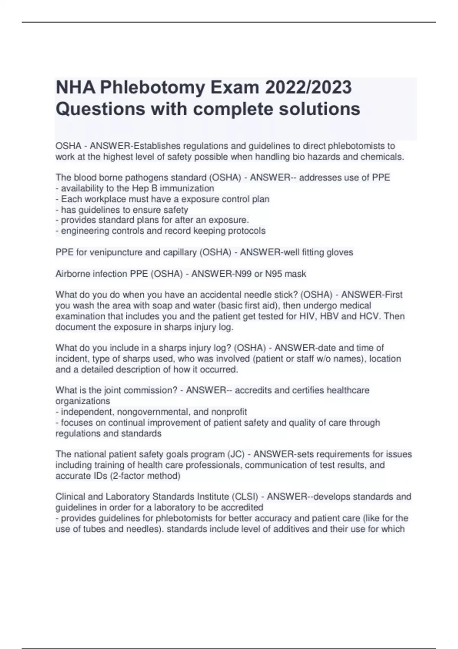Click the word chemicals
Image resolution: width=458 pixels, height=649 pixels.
[x=384, y=157]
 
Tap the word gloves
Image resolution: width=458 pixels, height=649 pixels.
[x=340, y=252]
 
